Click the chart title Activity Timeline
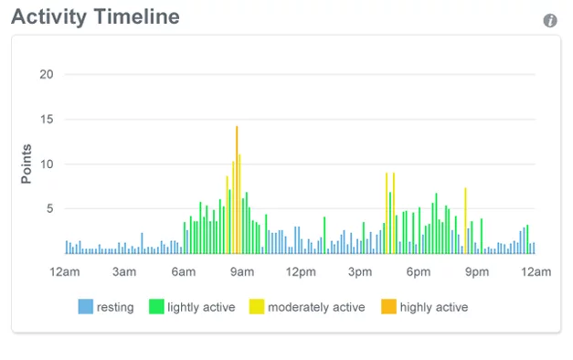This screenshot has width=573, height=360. point(95,17)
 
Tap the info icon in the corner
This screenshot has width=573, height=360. point(550,20)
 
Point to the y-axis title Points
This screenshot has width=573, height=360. point(27,164)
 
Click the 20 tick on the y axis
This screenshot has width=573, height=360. point(47,75)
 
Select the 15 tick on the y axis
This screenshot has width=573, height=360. point(47,120)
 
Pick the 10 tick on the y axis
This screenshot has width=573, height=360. point(47,164)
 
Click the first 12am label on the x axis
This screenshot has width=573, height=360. point(66,272)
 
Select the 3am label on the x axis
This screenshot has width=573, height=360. point(124,272)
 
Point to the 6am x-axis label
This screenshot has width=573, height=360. point(183,272)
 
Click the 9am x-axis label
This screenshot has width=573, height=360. point(242,272)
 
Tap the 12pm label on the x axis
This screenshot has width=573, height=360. point(301,272)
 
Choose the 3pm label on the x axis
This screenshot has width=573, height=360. point(360,272)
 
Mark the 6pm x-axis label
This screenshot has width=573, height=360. point(419,272)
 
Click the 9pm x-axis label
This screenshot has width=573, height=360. point(477,272)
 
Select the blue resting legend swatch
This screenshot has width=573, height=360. point(86,307)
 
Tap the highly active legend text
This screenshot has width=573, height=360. point(433,308)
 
